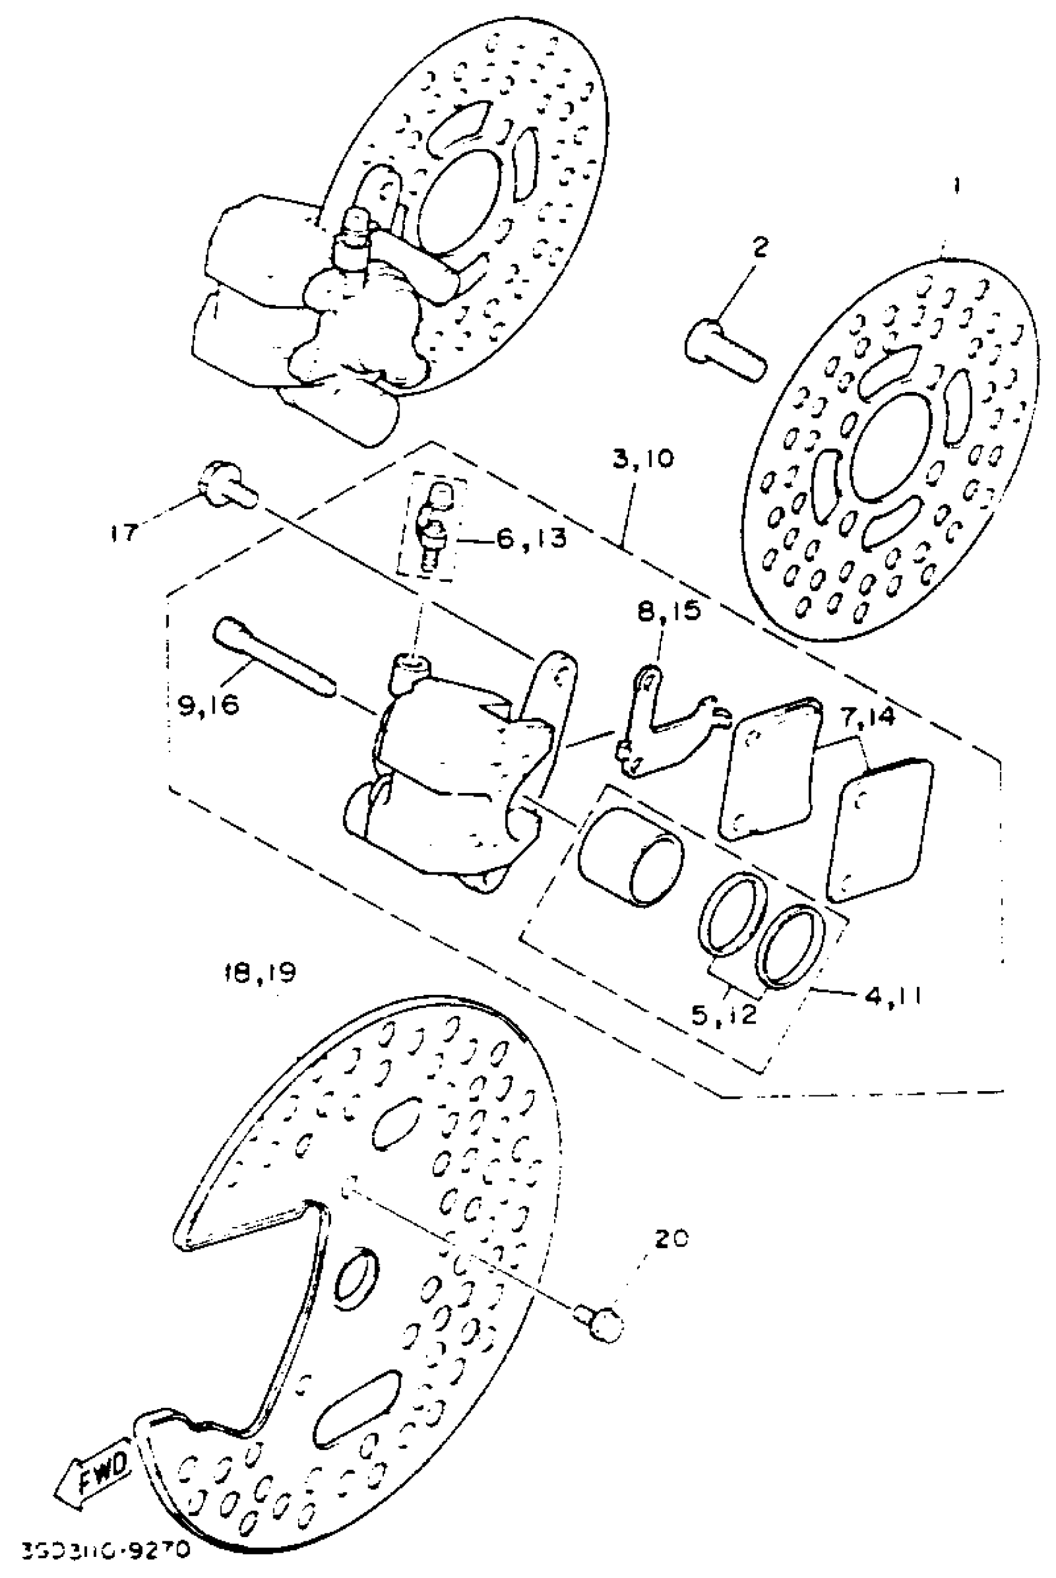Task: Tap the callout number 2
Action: (x=759, y=248)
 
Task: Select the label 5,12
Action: (x=724, y=1013)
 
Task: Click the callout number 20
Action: (x=671, y=1240)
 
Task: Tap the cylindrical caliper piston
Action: (x=630, y=856)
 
